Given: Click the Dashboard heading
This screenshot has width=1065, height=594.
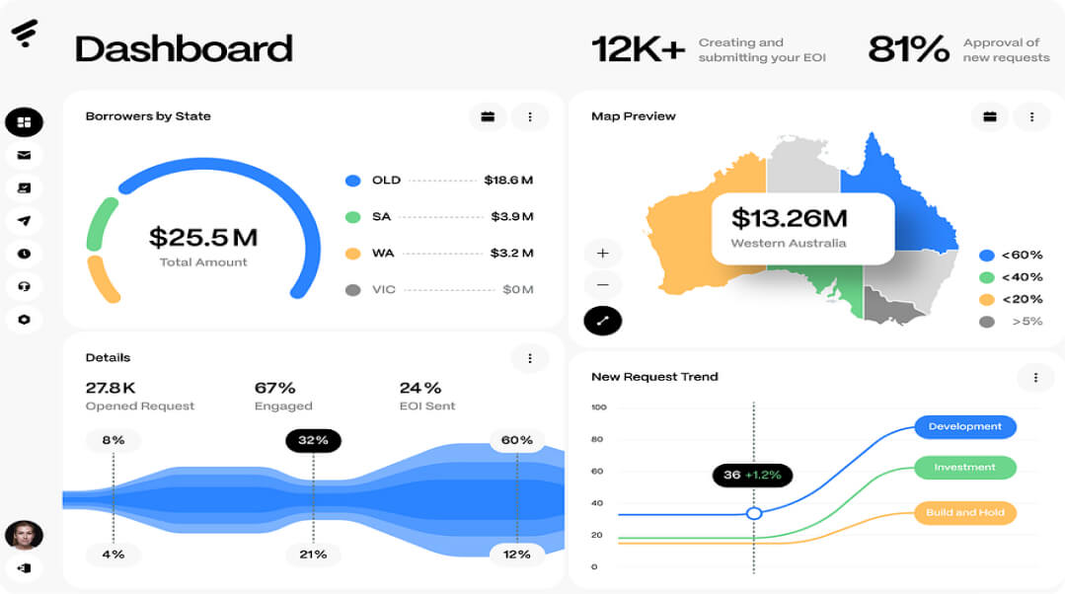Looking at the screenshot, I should tap(184, 48).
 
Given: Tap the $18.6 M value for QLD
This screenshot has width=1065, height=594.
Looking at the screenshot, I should tap(508, 181).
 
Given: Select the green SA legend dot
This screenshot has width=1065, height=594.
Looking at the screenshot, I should tap(352, 217).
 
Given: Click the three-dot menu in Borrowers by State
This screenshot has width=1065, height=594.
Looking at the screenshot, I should tap(530, 117).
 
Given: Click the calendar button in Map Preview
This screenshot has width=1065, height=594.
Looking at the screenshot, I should tap(990, 117).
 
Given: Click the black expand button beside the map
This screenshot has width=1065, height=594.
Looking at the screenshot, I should tap(603, 320).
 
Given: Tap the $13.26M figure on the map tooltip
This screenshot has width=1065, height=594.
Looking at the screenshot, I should tap(789, 217).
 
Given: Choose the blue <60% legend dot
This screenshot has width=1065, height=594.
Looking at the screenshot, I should tap(986, 256).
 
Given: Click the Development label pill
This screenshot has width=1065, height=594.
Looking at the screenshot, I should tap(964, 427).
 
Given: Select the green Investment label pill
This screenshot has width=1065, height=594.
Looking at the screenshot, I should tap(964, 468).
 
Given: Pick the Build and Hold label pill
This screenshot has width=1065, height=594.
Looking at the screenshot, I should tap(964, 513).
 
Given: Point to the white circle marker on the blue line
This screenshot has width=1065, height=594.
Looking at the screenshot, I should tap(754, 513).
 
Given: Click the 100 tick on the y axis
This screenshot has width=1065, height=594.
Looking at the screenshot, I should tap(599, 408).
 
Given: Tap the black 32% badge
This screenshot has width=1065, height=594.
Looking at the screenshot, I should tap(313, 440).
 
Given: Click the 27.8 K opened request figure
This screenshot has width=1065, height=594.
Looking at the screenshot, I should tap(111, 388).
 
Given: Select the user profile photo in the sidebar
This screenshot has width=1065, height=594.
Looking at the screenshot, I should tap(24, 535).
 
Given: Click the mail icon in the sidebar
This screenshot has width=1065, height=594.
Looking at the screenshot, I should tap(24, 155).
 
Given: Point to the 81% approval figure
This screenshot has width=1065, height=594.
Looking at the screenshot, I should tap(908, 49).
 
